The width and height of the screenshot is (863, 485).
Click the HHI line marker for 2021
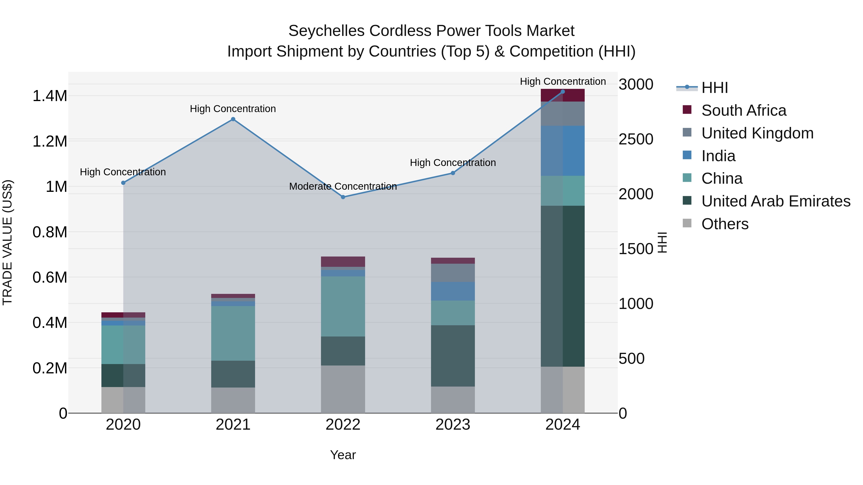233,119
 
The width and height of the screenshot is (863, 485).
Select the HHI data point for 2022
343,197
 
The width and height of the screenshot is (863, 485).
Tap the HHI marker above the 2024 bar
563,92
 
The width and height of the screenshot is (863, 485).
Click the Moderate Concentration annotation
343,186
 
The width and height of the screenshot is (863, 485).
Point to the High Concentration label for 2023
453,163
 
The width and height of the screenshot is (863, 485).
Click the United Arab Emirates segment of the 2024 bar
563,286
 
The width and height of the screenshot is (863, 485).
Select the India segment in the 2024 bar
563,151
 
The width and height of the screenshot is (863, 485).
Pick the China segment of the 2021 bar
233,333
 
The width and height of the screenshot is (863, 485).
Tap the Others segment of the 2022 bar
343,389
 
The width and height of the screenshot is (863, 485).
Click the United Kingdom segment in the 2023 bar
453,273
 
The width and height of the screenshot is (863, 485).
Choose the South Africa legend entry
744,110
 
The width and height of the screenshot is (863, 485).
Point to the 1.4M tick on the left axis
50,96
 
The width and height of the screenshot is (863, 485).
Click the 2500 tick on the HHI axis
636,139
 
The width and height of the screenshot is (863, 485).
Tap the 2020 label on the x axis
123,425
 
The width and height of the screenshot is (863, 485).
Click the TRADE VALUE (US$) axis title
7,242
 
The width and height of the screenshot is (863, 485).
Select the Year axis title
343,455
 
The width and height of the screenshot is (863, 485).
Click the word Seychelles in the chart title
326,31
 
